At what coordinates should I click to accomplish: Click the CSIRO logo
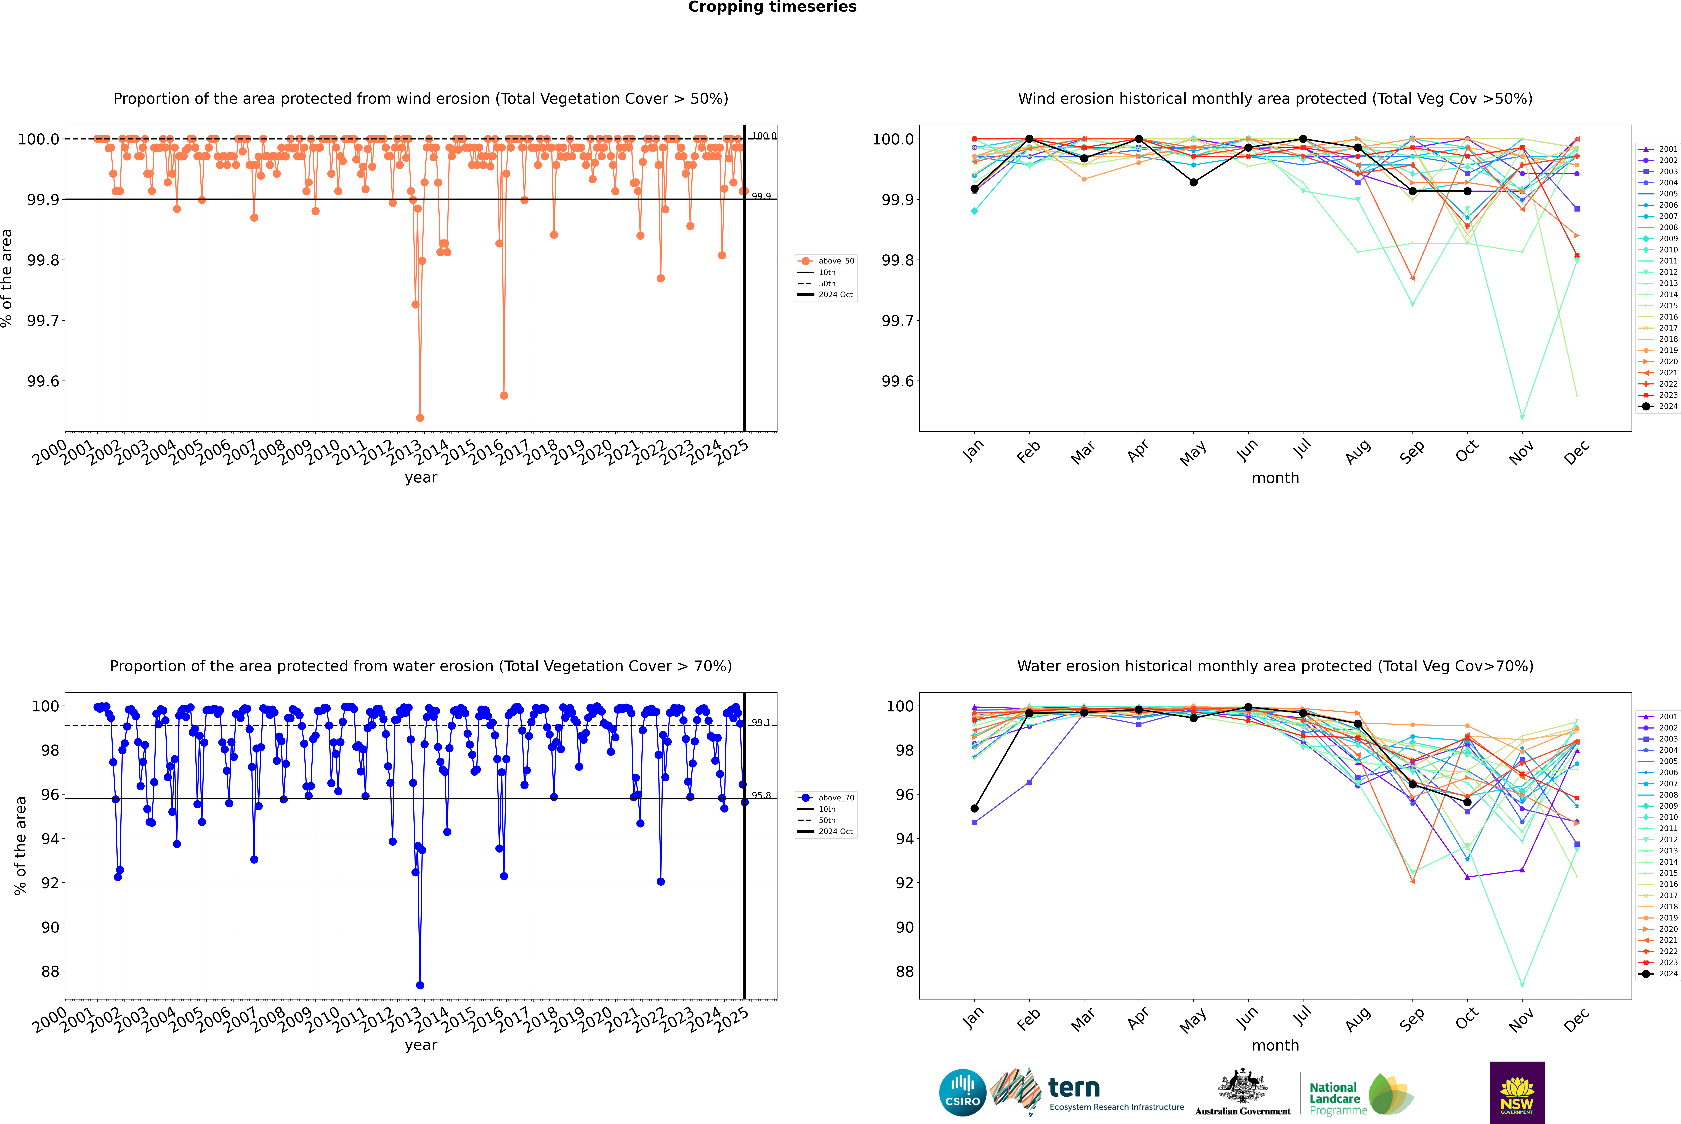pos(962,1093)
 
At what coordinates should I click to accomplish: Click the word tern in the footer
pos(1073,1088)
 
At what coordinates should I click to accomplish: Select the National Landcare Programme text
pos(1334,1098)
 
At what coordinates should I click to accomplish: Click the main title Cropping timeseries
pos(772,7)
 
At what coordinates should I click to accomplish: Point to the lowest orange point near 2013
pos(420,417)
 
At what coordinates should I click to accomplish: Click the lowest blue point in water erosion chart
pos(420,985)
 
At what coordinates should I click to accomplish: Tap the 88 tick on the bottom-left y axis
pos(50,971)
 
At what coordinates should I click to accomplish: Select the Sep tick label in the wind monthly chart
pos(1412,452)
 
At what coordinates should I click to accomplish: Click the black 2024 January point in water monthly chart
pos(974,809)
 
